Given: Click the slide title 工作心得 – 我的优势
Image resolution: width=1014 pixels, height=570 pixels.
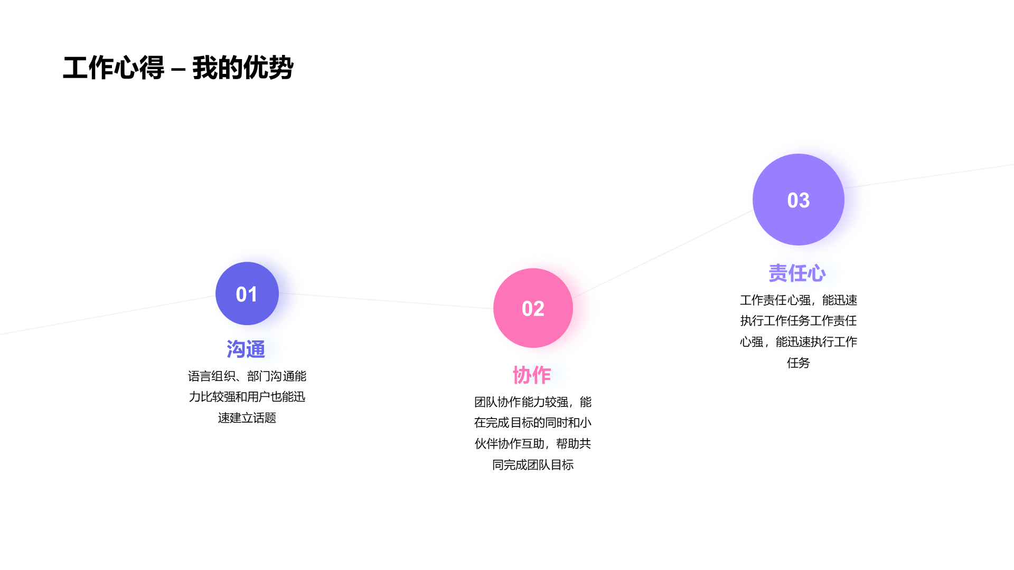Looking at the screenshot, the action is tap(178, 68).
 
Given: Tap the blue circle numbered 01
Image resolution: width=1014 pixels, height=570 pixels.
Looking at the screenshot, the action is tap(247, 293).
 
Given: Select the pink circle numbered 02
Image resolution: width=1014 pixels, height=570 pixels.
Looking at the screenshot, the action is tap(533, 308).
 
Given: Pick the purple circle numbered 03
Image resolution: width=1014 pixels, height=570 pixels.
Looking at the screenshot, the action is tap(799, 199).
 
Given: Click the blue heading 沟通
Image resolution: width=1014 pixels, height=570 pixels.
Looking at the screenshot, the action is tap(246, 349).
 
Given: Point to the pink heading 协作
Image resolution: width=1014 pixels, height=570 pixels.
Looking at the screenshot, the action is tap(532, 375).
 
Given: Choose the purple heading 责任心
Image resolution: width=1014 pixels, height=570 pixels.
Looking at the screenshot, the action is tap(797, 273).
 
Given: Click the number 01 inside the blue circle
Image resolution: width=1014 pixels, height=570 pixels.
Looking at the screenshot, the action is tap(247, 294).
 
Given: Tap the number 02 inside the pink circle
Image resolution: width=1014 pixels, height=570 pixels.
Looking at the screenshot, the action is tap(533, 309).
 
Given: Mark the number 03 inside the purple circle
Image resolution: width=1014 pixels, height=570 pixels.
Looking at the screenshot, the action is tap(799, 201).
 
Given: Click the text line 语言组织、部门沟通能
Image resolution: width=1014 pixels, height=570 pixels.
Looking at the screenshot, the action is tap(247, 376).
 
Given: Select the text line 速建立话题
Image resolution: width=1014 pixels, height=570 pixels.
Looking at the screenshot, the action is tap(247, 418).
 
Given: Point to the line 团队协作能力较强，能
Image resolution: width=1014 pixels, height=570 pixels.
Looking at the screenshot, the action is tap(533, 402).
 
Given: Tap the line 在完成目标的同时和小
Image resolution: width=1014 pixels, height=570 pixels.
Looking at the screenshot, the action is tap(533, 423).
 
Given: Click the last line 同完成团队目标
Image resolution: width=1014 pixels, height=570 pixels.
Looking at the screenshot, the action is tap(533, 465).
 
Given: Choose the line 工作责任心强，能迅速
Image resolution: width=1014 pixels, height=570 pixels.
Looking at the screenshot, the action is tap(799, 300).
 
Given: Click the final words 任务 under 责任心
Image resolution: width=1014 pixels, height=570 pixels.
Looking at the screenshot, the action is tap(799, 363).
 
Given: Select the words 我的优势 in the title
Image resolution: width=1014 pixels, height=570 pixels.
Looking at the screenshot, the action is tap(243, 68).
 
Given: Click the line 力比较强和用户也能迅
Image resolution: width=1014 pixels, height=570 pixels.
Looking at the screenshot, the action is tap(247, 397).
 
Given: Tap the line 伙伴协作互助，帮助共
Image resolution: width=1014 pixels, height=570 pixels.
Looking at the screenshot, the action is tap(533, 444).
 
